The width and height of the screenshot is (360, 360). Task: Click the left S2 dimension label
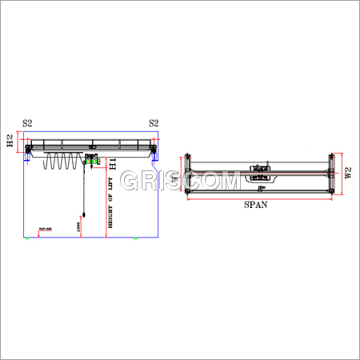click(x=27, y=123)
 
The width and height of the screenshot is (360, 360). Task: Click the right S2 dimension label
click(x=154, y=123)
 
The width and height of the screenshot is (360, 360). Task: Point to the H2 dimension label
click(x=10, y=142)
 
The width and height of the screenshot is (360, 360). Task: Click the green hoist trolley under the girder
click(x=91, y=162)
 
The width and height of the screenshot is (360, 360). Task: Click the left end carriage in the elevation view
click(x=30, y=149)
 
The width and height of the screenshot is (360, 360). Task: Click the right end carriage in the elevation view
click(x=152, y=149)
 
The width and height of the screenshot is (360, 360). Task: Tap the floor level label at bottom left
click(x=43, y=230)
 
